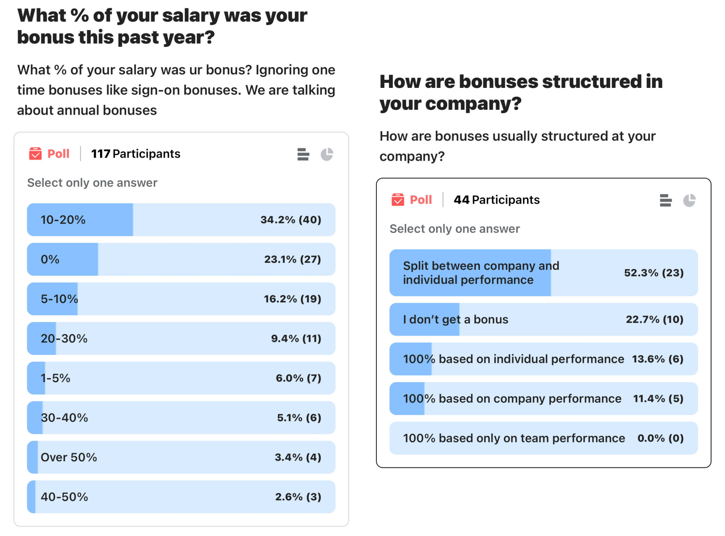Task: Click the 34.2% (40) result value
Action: [290, 220]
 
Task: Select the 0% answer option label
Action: [50, 260]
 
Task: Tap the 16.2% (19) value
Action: [292, 299]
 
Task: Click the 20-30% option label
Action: [64, 339]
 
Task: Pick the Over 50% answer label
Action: [69, 458]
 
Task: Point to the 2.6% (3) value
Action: [298, 497]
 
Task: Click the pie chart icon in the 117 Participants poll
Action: [327, 154]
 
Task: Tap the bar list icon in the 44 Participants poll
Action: [665, 200]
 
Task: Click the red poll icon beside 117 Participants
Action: [35, 154]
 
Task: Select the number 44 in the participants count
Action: [461, 200]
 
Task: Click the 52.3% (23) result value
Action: [654, 273]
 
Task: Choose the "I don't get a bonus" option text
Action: [455, 319]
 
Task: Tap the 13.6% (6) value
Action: [657, 359]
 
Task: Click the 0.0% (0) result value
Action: [660, 438]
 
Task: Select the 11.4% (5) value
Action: [658, 399]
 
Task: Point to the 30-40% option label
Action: [64, 418]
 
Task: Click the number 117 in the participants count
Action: [100, 154]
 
